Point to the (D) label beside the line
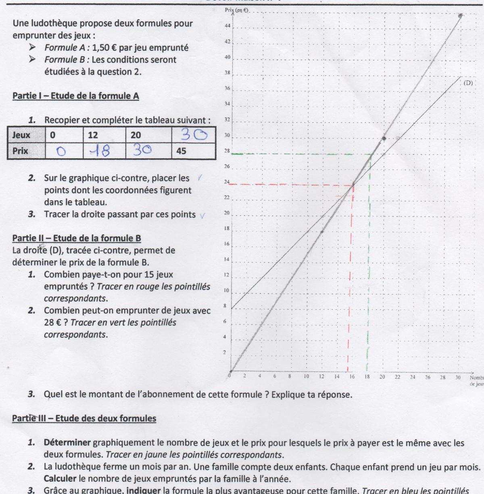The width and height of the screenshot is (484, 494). click(468, 83)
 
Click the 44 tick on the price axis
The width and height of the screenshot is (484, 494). click(227, 27)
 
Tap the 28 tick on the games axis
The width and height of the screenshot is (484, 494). click(442, 378)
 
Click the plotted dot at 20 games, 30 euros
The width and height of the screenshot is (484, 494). click(384, 138)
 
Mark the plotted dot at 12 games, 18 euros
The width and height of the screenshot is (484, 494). click(322, 231)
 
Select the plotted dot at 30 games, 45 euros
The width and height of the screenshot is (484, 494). click(461, 16)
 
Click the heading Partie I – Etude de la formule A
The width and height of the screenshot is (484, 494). click(76, 96)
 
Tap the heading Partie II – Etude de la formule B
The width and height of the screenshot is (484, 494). click(77, 238)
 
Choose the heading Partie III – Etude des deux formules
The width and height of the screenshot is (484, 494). click(84, 418)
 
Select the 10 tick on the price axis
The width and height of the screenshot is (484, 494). click(226, 291)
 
